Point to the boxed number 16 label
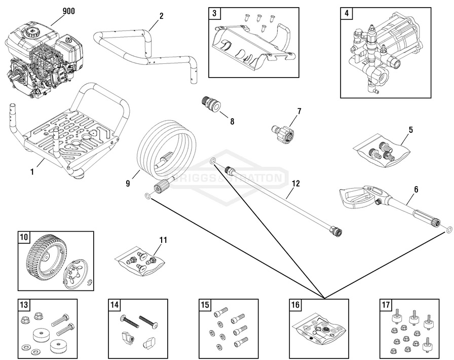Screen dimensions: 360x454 pyautogui.click(x=295, y=305)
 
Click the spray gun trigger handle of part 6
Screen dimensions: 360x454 pyautogui.click(x=357, y=197)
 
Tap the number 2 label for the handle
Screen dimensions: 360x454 pyautogui.click(x=161, y=16)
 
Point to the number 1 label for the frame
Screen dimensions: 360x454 pyautogui.click(x=32, y=172)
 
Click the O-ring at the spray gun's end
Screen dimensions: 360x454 pyautogui.click(x=448, y=229)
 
